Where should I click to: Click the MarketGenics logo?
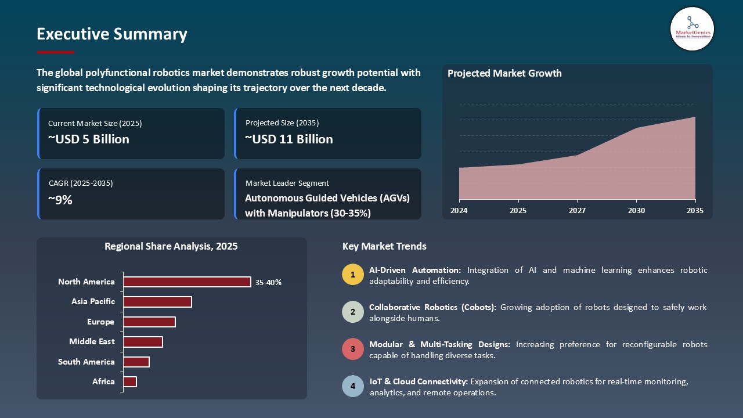[x=692, y=28]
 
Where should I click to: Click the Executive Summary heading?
[x=112, y=34]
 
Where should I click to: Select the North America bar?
[x=187, y=282]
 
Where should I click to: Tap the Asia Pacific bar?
[x=157, y=302]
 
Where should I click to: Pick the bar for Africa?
[x=130, y=381]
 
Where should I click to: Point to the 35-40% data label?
[x=268, y=282]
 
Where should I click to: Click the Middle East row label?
[x=92, y=341]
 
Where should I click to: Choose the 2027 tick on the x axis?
[x=577, y=211]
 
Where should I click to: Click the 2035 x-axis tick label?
[x=694, y=211]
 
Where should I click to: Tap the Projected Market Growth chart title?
[x=504, y=73]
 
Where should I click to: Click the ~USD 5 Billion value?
[x=89, y=139]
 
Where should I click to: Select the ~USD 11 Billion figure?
[x=289, y=139]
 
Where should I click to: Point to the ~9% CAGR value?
[x=60, y=200]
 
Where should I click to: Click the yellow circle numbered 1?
[x=352, y=275]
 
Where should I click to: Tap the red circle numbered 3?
[x=352, y=349]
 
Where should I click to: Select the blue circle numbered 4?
[x=352, y=387]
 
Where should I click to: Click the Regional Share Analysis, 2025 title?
[x=171, y=246]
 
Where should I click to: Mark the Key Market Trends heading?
[x=384, y=246]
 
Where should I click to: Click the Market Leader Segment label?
[x=287, y=183]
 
